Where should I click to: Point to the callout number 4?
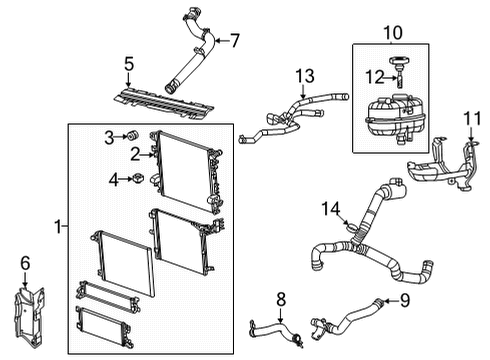[115, 180]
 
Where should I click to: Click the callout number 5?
[129, 66]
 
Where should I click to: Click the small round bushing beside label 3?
[129, 136]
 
